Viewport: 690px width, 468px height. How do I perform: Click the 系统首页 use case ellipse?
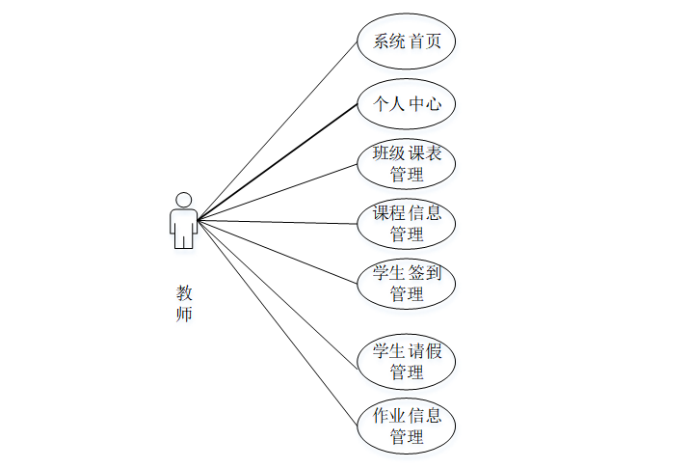coord(406,41)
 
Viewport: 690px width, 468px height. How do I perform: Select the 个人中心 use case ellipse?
coord(406,103)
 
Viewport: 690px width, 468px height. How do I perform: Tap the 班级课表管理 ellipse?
coord(406,164)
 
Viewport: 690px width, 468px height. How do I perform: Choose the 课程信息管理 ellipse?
coord(406,224)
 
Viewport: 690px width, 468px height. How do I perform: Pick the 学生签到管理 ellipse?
coord(406,284)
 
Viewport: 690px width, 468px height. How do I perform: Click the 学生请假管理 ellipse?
coord(406,361)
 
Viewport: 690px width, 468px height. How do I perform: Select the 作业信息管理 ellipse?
coord(406,427)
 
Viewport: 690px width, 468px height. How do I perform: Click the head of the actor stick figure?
coord(183,199)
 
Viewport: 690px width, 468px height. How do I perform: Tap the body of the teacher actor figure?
coord(183,228)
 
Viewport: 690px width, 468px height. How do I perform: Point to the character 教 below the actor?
coord(183,292)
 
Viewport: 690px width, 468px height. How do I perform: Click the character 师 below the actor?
coord(183,315)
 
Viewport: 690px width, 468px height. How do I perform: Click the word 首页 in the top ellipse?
coord(427,41)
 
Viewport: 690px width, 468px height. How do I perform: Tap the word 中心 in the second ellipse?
coord(425,103)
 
